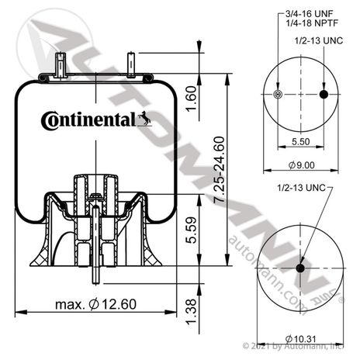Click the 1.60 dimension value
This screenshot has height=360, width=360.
click(191, 99)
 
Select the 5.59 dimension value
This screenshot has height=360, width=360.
click(192, 230)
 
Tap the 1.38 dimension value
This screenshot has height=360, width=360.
click(192, 312)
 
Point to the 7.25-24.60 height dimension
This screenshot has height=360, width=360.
click(219, 170)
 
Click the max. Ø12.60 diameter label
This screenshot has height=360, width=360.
click(95, 304)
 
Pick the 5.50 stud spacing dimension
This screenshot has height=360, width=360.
click(301, 141)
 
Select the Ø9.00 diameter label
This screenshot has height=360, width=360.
click(301, 164)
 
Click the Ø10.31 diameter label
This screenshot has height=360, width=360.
click(300, 338)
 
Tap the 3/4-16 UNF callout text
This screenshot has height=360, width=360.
click(309, 13)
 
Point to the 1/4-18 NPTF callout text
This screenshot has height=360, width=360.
click(312, 23)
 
